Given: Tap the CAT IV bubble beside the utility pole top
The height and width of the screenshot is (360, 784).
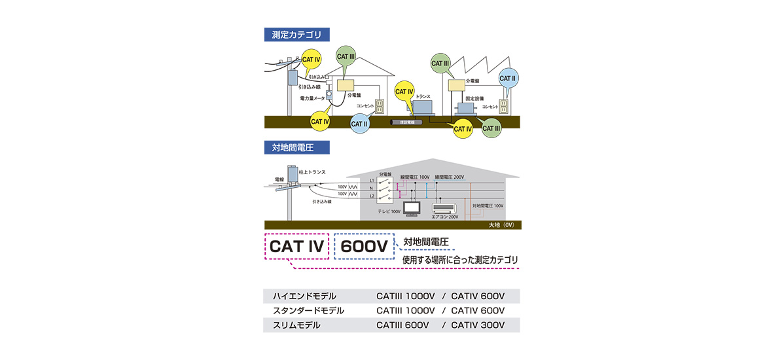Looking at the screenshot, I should click(x=312, y=60).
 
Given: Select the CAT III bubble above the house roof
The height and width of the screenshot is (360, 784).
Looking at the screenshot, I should click(x=346, y=57).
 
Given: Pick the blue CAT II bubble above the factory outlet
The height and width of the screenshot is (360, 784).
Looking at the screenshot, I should click(x=508, y=79).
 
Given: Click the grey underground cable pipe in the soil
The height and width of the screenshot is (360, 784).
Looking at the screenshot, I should click(x=408, y=122).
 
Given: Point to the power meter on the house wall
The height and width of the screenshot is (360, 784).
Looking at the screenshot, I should click(x=330, y=96).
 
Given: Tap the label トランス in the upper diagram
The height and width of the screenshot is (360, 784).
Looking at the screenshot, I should click(x=423, y=96).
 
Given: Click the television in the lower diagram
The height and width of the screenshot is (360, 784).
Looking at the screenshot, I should click(x=412, y=208).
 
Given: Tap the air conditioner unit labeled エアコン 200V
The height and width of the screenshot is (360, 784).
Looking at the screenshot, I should click(x=445, y=208).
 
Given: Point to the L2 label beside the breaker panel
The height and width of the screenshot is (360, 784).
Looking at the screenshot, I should click(x=372, y=196).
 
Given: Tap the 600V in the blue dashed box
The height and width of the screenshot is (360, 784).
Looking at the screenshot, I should click(x=364, y=247).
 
